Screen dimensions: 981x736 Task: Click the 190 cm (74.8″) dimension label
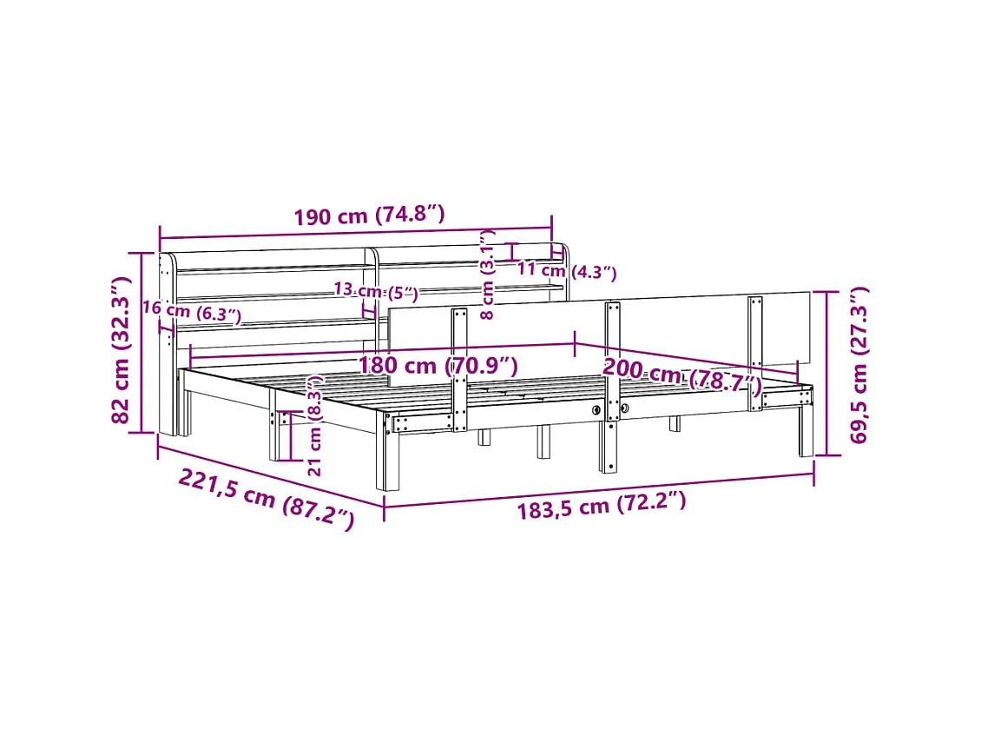[369, 215]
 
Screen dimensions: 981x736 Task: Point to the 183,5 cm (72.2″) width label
[602, 505]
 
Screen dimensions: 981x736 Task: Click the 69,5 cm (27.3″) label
[859, 365]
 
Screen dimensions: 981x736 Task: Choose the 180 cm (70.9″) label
[438, 365]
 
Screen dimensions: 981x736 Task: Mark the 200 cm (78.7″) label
[682, 376]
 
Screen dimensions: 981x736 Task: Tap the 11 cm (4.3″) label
[567, 271]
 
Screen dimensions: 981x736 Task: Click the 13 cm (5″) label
[376, 291]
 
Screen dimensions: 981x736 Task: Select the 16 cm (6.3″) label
[192, 311]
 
